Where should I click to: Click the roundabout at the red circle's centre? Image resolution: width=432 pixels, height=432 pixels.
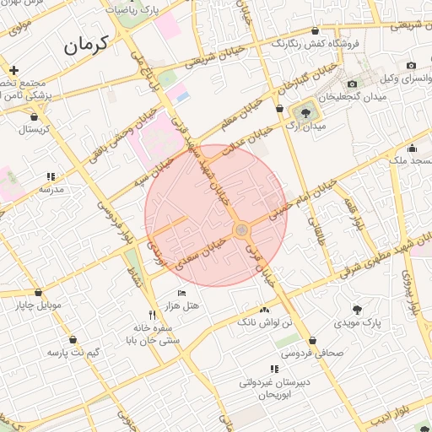(x=241, y=229)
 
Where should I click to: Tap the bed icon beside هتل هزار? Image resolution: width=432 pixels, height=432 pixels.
(x=181, y=292)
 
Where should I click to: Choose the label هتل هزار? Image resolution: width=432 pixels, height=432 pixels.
(x=183, y=305)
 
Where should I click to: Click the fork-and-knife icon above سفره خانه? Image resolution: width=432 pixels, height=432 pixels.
(x=152, y=315)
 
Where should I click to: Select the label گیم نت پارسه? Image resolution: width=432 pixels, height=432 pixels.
(x=73, y=351)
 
